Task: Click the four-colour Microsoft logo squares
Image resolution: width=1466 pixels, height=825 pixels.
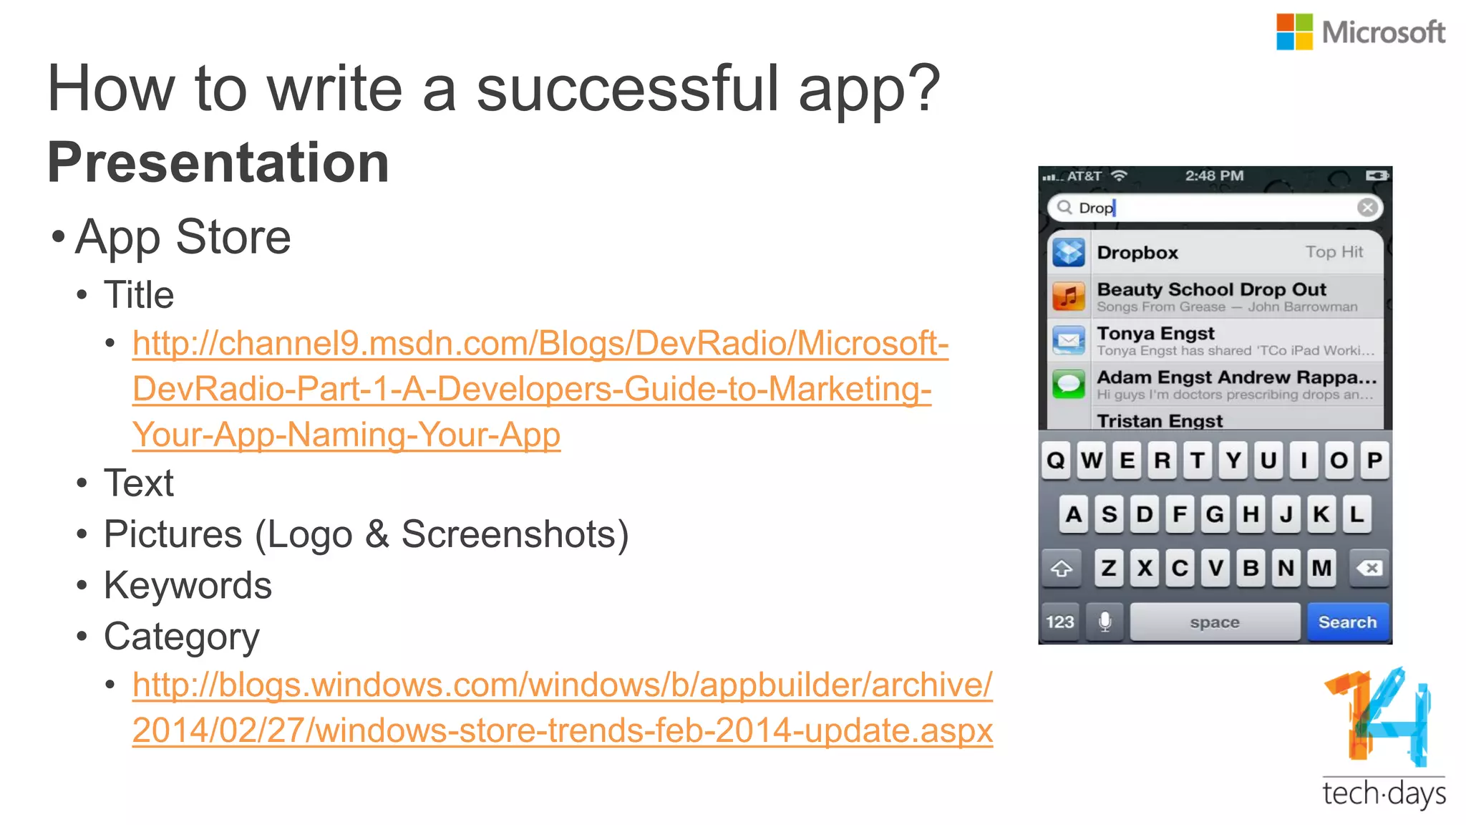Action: (1294, 32)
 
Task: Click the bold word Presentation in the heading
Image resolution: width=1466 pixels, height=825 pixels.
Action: (218, 163)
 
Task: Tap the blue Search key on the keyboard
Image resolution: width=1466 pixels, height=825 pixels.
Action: (1347, 622)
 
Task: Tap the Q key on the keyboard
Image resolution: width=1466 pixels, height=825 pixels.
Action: (1056, 460)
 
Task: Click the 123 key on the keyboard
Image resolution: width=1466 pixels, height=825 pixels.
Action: (1060, 622)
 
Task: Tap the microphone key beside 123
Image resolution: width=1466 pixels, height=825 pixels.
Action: (1105, 622)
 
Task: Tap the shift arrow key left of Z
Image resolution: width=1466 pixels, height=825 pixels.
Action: (1061, 569)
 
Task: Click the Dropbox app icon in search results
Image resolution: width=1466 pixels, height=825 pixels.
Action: (1069, 252)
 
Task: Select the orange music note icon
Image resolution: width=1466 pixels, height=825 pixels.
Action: (1069, 296)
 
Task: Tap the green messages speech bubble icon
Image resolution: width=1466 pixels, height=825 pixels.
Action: (1069, 385)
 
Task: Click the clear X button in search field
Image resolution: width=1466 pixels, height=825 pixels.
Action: (1367, 208)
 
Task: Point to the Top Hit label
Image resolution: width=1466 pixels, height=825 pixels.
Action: (1334, 252)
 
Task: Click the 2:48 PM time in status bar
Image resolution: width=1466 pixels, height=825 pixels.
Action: (1214, 176)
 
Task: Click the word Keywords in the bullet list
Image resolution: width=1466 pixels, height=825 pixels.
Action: (188, 586)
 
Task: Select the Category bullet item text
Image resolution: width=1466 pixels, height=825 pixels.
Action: (181, 637)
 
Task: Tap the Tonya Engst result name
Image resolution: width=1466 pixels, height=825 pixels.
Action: (1155, 334)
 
